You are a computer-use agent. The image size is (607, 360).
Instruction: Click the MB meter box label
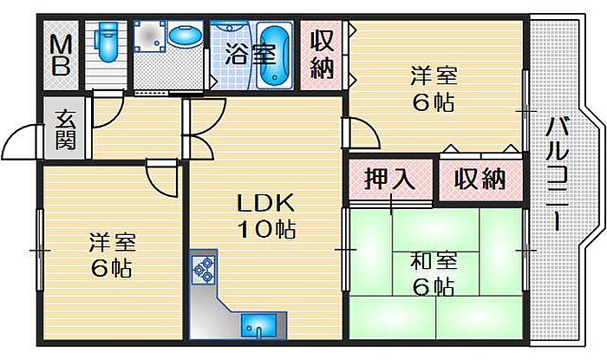tap(62, 55)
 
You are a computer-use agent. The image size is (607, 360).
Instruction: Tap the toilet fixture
tap(108, 40)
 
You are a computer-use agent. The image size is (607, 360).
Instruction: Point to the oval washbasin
tap(186, 36)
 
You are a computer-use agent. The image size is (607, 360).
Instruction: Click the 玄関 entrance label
tap(65, 129)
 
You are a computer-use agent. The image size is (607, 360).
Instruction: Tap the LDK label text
tap(265, 203)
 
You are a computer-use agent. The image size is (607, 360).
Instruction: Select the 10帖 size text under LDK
tap(267, 229)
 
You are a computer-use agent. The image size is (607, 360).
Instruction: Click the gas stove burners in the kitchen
tap(204, 269)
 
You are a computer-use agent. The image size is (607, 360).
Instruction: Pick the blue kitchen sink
tap(259, 325)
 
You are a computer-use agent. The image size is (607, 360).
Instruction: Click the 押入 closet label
tap(390, 179)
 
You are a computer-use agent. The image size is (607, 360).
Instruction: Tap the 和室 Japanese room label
tap(434, 261)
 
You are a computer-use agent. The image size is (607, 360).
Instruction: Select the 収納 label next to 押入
tap(480, 179)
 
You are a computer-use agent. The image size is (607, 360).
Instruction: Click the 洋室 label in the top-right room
tap(434, 75)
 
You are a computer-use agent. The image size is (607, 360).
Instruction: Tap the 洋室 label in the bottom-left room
tap(112, 241)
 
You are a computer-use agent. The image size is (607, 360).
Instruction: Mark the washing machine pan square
tap(150, 36)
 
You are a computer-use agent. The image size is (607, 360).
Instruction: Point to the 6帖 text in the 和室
tap(434, 287)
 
